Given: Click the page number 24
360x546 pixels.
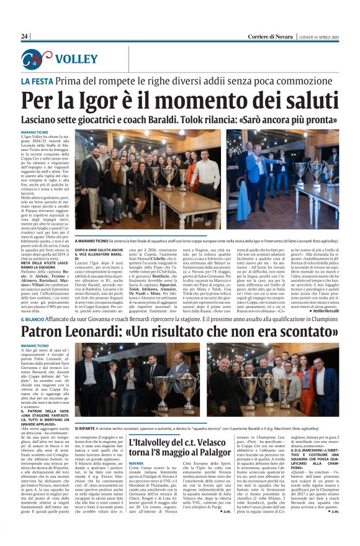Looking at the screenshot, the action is (x=25, y=37).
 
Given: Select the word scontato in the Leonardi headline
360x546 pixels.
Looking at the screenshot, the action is (x=299, y=332).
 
